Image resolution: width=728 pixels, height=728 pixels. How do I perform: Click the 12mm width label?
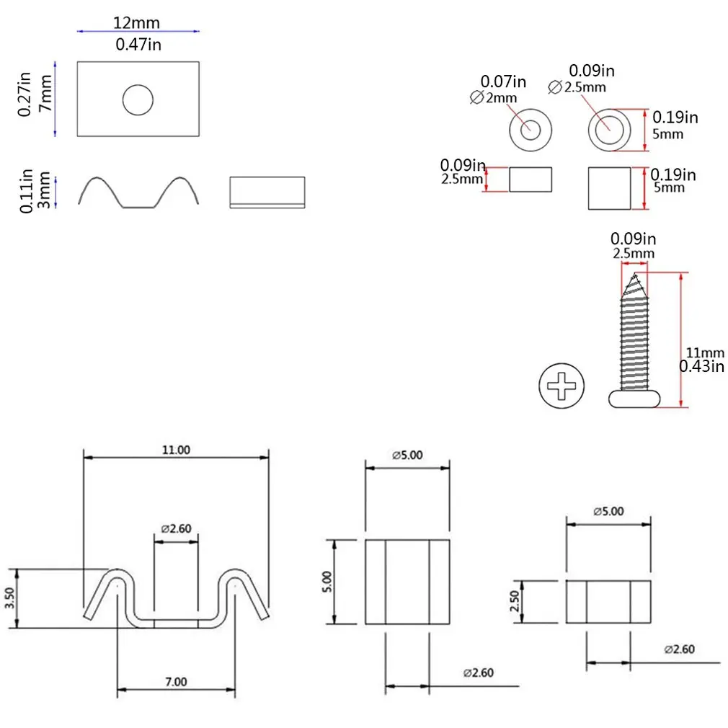(x=136, y=22)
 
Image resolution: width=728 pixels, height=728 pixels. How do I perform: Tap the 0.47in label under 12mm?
(x=138, y=44)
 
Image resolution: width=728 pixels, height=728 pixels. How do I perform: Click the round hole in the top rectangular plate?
(x=138, y=100)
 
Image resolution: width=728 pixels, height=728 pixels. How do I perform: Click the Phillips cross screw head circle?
(x=561, y=387)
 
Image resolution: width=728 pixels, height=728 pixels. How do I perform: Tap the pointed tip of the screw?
(x=634, y=278)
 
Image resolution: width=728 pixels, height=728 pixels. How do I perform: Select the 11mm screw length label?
(x=703, y=352)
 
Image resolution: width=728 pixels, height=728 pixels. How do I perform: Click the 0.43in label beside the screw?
(x=702, y=367)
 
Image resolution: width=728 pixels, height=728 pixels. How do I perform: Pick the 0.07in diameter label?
(x=503, y=82)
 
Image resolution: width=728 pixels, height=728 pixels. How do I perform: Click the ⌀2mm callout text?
(x=489, y=98)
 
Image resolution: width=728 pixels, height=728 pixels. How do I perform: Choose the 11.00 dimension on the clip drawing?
(x=176, y=450)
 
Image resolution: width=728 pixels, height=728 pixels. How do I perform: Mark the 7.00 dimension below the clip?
(x=176, y=681)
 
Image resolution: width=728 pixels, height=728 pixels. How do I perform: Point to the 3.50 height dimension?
(x=8, y=598)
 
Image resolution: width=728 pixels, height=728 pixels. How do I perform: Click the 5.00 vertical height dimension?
(x=327, y=581)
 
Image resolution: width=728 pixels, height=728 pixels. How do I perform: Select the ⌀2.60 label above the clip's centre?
(x=176, y=528)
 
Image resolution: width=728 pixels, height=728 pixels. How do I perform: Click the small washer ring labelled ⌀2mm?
(x=531, y=130)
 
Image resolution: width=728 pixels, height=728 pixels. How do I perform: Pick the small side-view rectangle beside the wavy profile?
(x=267, y=192)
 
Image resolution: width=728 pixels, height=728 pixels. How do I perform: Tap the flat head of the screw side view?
(x=634, y=399)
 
